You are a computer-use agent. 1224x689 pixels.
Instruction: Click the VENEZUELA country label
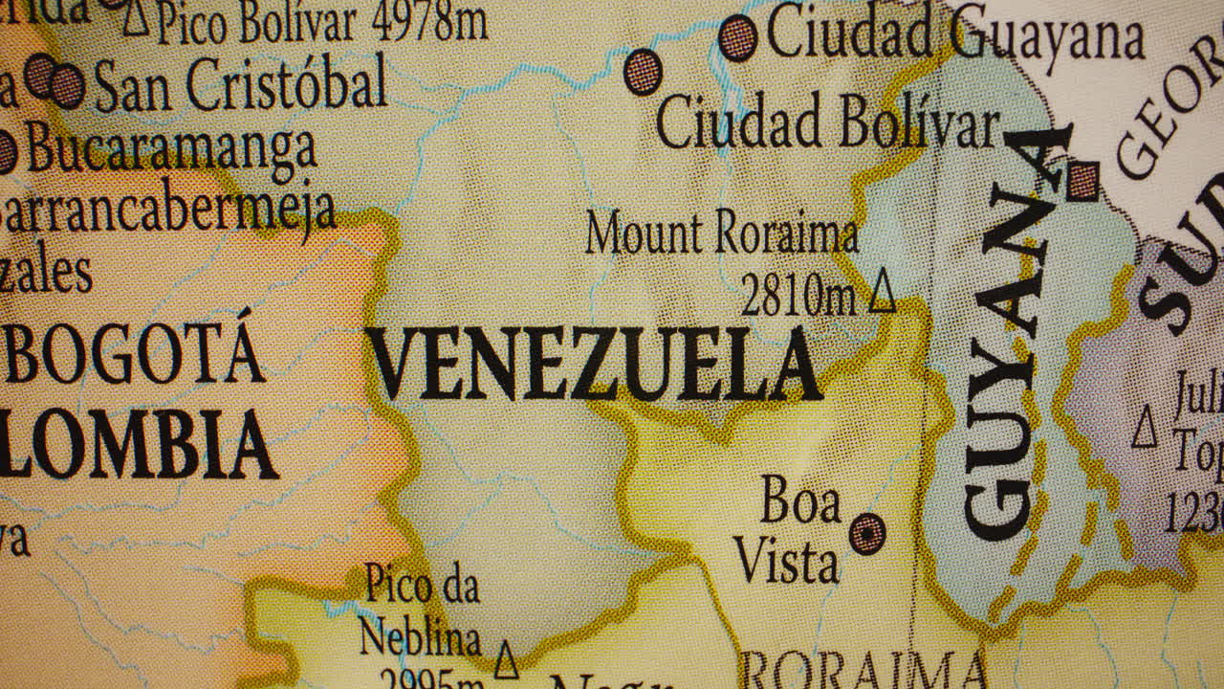(595, 365)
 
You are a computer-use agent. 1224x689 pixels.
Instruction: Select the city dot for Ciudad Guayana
(737, 38)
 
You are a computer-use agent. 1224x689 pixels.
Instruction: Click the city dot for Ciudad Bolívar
(643, 72)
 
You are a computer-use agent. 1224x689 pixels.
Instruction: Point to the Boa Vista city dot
(867, 533)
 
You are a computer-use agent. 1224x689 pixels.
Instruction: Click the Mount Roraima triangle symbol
(882, 292)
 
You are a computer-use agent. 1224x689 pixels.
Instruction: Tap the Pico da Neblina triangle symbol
(506, 658)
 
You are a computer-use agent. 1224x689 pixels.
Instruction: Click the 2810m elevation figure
(798, 297)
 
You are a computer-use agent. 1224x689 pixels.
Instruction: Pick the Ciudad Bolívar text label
(828, 124)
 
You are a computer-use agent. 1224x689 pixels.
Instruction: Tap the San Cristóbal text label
(239, 84)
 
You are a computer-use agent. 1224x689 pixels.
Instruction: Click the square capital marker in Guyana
(1083, 181)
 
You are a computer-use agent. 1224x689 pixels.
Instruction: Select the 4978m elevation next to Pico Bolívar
(428, 21)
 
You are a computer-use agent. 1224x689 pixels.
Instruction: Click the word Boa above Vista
(799, 500)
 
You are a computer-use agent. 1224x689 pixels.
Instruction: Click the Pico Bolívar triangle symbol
(136, 17)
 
